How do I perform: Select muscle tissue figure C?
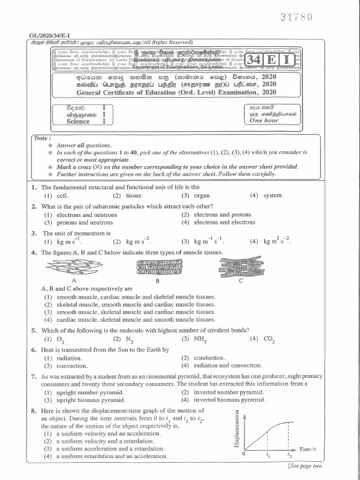[241, 269]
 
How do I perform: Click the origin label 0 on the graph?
[243, 454]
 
